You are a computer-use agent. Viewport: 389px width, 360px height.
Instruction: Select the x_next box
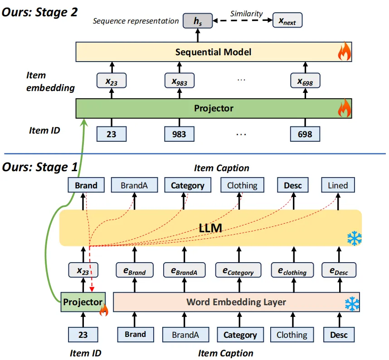[287, 21]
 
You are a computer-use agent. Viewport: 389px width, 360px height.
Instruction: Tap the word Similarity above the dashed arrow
[246, 14]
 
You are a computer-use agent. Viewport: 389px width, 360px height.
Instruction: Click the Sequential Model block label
[213, 52]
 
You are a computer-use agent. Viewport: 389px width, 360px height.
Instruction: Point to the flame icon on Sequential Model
[345, 53]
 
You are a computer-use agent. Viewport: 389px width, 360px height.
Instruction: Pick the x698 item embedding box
[305, 82]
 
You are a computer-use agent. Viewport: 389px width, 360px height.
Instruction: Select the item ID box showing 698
[305, 134]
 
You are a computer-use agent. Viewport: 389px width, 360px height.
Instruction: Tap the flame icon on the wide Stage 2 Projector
[345, 108]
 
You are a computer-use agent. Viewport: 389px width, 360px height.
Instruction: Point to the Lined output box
[338, 185]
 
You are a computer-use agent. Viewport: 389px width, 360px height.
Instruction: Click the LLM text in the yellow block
[210, 228]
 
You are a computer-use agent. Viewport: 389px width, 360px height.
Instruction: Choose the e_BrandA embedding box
[184, 270]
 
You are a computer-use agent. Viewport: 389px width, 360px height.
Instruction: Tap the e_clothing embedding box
[292, 270]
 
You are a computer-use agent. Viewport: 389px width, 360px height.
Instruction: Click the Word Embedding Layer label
[236, 302]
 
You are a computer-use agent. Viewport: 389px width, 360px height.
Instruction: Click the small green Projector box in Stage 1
[82, 302]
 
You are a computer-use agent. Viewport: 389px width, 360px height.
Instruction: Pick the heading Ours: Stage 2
[39, 12]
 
